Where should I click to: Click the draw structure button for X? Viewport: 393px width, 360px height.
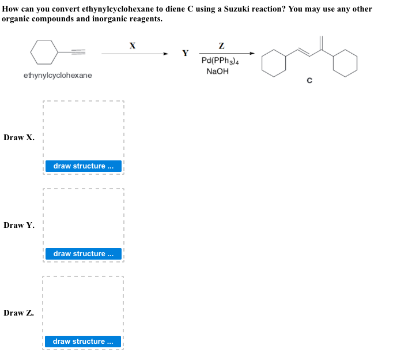click(x=84, y=166)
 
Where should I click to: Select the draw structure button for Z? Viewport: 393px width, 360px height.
click(x=84, y=342)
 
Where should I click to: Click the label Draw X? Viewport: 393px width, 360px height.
click(x=19, y=137)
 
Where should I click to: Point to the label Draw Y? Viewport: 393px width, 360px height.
click(x=19, y=225)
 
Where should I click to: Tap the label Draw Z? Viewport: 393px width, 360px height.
click(x=19, y=313)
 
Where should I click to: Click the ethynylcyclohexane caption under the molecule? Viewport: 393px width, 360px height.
click(x=58, y=76)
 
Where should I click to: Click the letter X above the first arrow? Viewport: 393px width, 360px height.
click(x=133, y=44)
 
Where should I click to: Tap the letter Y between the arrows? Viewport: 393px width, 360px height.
click(x=185, y=54)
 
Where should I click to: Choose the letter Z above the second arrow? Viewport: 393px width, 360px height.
click(x=222, y=45)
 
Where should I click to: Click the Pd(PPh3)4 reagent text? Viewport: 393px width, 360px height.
click(x=221, y=61)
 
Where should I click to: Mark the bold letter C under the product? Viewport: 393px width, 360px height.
click(x=309, y=81)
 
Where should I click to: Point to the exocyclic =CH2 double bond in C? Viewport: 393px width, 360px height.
click(x=322, y=43)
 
